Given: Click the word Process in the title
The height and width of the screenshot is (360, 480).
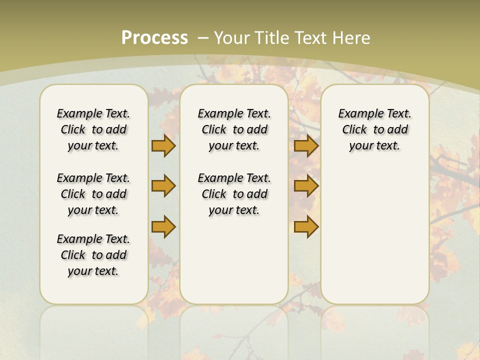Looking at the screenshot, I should tap(154, 37).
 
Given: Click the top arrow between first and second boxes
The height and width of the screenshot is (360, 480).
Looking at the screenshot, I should tap(163, 146).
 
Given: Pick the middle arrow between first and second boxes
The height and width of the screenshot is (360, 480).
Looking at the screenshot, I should tap(163, 186).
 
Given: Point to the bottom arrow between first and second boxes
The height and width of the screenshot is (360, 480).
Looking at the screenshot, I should tap(163, 226).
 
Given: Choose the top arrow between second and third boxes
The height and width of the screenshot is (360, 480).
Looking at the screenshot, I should tap(306, 146).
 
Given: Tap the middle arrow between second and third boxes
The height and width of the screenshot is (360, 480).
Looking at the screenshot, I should tap(306, 186).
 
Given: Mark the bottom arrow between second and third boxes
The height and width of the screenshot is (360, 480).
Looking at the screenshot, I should tap(306, 226).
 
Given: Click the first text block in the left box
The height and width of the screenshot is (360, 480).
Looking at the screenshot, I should tap(93, 129).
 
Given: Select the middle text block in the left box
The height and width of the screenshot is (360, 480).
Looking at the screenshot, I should tap(93, 194).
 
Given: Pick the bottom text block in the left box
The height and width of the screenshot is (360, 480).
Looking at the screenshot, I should tap(93, 255).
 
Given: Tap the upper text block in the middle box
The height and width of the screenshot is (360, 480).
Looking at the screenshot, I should tap(234, 129).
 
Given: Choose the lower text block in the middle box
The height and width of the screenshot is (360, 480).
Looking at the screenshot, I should tap(234, 194).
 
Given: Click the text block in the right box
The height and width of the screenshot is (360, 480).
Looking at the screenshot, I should tap(374, 129).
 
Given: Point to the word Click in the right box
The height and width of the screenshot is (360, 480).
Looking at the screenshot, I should tap(354, 130).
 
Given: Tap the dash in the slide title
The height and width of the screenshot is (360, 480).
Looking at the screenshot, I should tap(203, 37).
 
